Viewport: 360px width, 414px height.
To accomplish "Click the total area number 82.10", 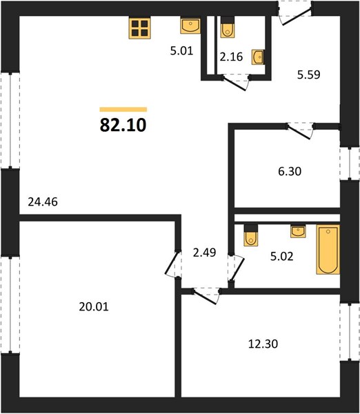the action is [123, 125].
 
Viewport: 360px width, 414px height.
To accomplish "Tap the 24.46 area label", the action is [43, 202].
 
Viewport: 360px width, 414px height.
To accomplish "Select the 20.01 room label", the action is [94, 307].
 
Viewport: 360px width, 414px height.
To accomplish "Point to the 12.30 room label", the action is [263, 344].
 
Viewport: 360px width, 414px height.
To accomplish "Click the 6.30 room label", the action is [290, 171].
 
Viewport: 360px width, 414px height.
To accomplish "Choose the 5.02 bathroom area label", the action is [281, 257].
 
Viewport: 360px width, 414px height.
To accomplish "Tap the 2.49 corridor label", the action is [205, 253].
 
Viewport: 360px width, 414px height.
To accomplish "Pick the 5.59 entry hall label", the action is [309, 75].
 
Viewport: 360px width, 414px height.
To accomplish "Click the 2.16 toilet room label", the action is [231, 57].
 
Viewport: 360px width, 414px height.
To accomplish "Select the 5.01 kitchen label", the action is [182, 50].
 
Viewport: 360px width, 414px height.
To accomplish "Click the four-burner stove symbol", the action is [139, 28].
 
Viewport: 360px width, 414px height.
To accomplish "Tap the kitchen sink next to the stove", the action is [190, 26].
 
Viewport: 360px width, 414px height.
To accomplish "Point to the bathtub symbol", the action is [328, 250].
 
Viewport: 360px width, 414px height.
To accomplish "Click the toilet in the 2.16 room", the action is [228, 28].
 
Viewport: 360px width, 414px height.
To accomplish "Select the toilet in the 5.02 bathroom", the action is [251, 236].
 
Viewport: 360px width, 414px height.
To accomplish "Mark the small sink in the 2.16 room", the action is [258, 57].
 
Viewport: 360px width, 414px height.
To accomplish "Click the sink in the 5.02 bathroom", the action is [298, 231].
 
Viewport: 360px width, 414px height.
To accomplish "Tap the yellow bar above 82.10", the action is [123, 110].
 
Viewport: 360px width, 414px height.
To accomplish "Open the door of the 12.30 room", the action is [206, 296].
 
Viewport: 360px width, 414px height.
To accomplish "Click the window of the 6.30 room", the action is [350, 164].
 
